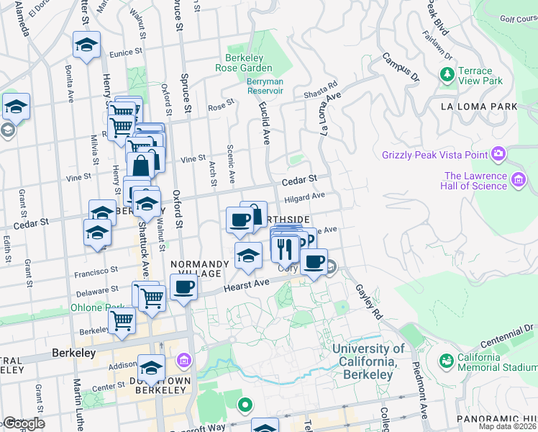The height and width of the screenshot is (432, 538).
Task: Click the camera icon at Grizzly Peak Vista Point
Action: tap(498, 153)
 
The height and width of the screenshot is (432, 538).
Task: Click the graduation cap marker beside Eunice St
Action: tap(86, 46)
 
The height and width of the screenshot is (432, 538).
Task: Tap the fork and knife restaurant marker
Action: tap(285, 248)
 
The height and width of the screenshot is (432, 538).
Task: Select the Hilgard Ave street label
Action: tap(305, 195)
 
